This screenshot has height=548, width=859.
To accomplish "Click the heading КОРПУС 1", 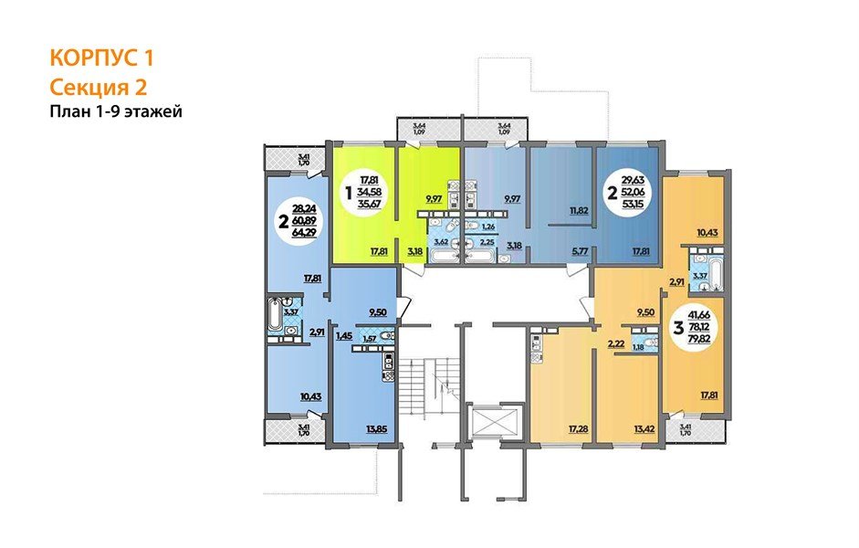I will click(101, 58).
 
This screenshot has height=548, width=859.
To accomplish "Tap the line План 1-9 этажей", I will click(117, 111).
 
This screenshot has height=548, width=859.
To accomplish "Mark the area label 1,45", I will click(345, 336).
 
